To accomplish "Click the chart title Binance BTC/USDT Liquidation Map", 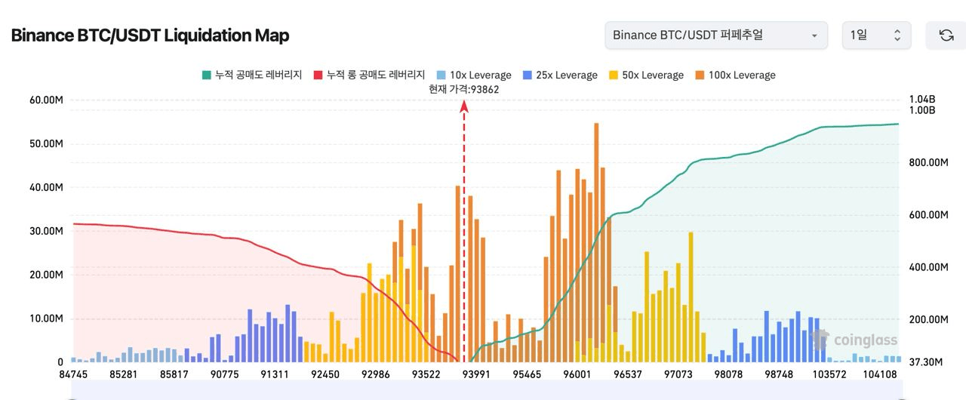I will [150, 35].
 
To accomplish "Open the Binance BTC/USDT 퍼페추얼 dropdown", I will [715, 35].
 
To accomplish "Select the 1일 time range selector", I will [875, 35].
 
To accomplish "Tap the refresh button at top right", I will [946, 35].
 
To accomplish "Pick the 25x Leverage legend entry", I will [560, 75].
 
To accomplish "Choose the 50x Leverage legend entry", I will [646, 75].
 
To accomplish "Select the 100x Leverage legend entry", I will [735, 75].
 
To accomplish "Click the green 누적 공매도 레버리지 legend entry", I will [252, 75].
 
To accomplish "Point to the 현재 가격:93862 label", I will [463, 89].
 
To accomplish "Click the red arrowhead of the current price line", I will [464, 107].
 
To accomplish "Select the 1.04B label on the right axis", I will [921, 100].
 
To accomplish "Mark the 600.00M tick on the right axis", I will [928, 215].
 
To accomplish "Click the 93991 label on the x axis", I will [476, 374].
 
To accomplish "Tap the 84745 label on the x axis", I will [73, 374].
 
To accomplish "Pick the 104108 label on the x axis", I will [880, 374].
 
